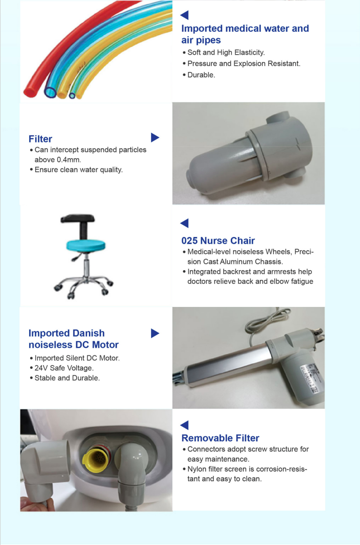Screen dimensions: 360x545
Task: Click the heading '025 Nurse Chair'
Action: pos(218,241)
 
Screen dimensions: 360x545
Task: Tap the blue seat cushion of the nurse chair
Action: pos(85,245)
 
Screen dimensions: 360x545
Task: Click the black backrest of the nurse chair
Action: pos(78,218)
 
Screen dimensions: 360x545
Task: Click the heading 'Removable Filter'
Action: pos(220,438)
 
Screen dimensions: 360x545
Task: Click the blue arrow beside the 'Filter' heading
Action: pos(155,137)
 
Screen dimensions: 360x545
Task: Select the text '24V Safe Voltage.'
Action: pos(64,368)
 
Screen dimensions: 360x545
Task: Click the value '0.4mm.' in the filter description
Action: pos(69,160)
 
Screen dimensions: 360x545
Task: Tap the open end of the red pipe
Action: pos(30,93)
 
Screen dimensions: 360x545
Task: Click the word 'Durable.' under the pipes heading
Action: pos(201,75)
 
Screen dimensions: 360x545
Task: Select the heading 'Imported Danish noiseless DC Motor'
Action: pos(74,339)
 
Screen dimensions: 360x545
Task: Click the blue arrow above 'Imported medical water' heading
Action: pos(184,15)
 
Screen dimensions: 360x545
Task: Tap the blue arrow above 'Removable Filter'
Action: pos(184,425)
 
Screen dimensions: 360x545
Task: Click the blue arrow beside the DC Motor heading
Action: pos(155,334)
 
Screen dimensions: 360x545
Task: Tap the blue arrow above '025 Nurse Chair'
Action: pos(184,223)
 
